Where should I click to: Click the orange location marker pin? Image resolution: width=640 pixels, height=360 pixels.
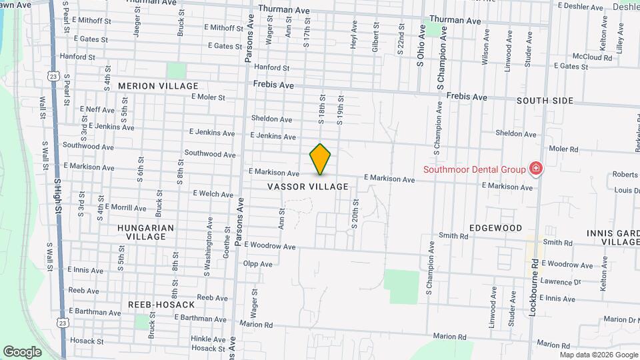(x=320, y=159)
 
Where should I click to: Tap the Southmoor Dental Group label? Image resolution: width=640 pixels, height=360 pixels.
(x=474, y=169)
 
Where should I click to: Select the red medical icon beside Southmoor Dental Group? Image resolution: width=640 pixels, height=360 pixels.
(x=535, y=169)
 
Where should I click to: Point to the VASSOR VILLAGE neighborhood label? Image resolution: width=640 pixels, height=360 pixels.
(x=308, y=187)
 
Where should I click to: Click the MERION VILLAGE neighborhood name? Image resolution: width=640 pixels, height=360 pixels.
(x=158, y=86)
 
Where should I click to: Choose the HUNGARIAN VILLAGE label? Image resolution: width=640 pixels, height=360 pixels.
(x=145, y=232)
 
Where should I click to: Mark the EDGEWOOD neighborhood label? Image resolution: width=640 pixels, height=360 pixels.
(x=495, y=228)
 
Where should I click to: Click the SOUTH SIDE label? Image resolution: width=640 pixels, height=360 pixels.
(x=545, y=101)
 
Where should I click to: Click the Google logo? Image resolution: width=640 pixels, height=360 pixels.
(x=22, y=351)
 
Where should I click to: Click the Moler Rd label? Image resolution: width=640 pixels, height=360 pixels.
(x=563, y=149)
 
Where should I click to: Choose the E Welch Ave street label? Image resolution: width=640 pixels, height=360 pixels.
(x=213, y=194)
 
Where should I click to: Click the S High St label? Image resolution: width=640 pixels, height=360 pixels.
(x=59, y=196)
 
